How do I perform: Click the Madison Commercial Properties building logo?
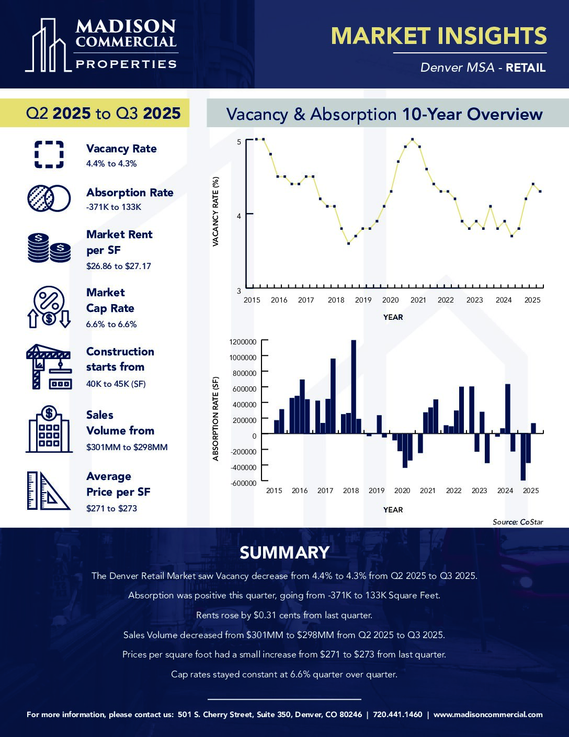[48, 46]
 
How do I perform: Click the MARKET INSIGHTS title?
[439, 36]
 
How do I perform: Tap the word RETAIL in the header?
[526, 68]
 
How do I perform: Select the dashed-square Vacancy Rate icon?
[49, 154]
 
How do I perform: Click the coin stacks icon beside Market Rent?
[49, 248]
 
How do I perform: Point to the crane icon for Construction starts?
[49, 366]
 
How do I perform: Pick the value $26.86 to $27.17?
[119, 266]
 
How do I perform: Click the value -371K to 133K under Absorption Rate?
[114, 207]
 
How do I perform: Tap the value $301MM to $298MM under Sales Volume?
[127, 447]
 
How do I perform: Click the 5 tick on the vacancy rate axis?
[239, 141]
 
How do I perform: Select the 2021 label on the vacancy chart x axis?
[418, 300]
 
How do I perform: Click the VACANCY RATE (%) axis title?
[215, 211]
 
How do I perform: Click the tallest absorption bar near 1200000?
[354, 386]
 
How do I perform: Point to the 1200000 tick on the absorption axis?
[243, 342]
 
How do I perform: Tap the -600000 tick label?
[243, 483]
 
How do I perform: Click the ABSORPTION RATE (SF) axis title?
[215, 419]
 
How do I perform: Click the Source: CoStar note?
[518, 522]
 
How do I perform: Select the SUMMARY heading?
[284, 553]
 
